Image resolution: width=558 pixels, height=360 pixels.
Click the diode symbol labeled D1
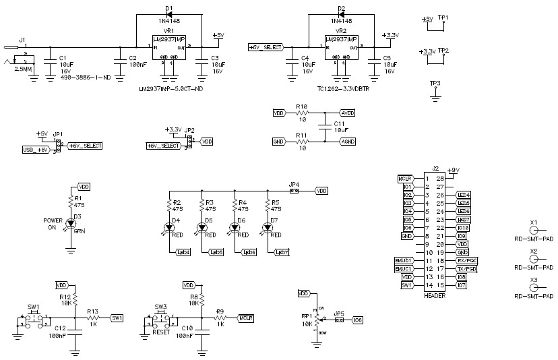168,13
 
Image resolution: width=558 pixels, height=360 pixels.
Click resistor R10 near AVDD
301,113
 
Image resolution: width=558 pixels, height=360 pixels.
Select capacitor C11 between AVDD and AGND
325,127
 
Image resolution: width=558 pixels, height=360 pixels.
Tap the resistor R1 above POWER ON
70,201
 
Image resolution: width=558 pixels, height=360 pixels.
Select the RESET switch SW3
160,317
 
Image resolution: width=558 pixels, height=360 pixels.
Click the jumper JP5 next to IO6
339,320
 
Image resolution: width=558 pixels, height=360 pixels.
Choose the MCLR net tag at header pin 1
404,179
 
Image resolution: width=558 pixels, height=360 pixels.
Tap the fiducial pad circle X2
534,260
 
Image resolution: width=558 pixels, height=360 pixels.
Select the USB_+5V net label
36,149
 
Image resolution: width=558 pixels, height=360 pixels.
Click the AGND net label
348,142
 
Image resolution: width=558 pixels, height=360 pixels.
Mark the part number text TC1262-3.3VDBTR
344,88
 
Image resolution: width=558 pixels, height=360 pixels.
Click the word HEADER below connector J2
435,295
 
